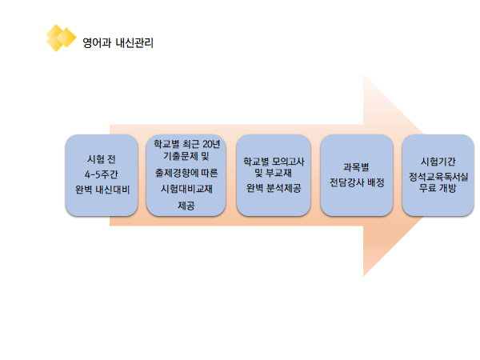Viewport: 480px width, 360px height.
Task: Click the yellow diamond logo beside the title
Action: pyautogui.click(x=61, y=38)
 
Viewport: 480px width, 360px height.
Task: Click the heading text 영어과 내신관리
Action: pyautogui.click(x=118, y=42)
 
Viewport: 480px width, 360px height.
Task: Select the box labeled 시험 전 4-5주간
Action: pyautogui.click(x=102, y=175)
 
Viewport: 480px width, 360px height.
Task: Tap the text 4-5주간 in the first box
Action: pyautogui.click(x=102, y=174)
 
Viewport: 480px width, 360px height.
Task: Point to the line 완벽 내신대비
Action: pyautogui.click(x=102, y=190)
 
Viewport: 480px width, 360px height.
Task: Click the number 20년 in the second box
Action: pyautogui.click(x=211, y=144)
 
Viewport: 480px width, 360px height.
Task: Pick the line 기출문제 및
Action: pyautogui.click(x=186, y=156)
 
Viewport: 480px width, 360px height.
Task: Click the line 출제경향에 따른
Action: pyautogui.click(x=186, y=173)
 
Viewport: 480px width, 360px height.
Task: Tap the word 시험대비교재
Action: pyautogui.click(x=186, y=189)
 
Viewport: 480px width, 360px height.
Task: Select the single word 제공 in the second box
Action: pyautogui.click(x=186, y=206)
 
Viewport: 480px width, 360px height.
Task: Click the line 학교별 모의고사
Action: pyautogui.click(x=274, y=162)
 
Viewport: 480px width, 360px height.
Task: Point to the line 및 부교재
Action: pyautogui.click(x=273, y=173)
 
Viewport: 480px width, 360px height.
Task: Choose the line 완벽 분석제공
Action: pyautogui.click(x=274, y=188)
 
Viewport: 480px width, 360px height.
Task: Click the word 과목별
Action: pyautogui.click(x=356, y=167)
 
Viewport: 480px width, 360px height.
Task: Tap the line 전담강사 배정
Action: pyautogui.click(x=357, y=182)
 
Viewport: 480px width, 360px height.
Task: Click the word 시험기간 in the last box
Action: pyautogui.click(x=438, y=162)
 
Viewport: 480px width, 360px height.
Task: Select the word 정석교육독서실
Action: pyautogui.click(x=438, y=177)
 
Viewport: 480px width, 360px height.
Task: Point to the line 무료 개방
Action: pyautogui.click(x=438, y=188)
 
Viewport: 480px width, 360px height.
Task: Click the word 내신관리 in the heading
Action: pyautogui.click(x=134, y=42)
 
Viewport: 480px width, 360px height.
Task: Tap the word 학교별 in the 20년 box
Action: pyautogui.click(x=166, y=144)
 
